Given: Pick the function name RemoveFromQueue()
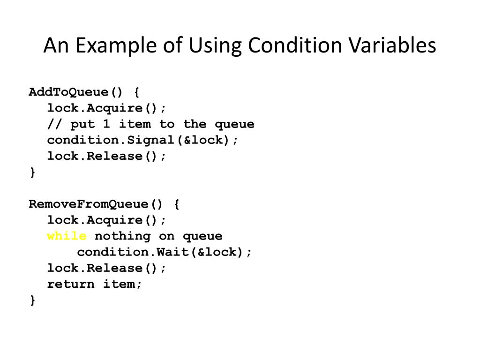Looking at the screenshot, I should [96, 204].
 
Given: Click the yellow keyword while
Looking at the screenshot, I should [67, 236].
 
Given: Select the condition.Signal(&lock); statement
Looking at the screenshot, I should [142, 140].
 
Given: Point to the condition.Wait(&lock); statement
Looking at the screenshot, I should [164, 252].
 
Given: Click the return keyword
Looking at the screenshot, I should [71, 284].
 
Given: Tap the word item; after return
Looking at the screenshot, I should [122, 284].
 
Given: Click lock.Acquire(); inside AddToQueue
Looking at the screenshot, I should [106, 108].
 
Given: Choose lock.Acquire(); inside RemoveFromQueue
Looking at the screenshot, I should [106, 220].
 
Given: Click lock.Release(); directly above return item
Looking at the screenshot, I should [106, 268].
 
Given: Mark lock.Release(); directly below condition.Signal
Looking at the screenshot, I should [106, 156].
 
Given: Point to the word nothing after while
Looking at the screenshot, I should [122, 236].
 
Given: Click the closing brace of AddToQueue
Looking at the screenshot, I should [32, 172].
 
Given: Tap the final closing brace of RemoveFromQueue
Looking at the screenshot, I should [32, 300].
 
